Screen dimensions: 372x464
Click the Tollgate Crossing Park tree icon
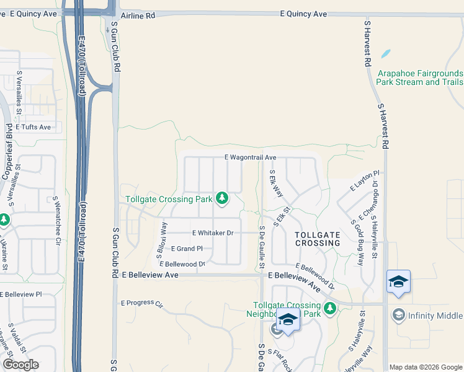click(x=222, y=198)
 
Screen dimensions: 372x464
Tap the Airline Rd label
click(x=138, y=15)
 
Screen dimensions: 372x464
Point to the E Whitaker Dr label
click(x=212, y=233)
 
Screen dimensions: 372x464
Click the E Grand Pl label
click(x=187, y=249)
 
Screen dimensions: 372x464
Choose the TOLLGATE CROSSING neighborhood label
click(x=318, y=239)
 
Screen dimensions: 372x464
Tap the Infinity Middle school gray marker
click(x=398, y=315)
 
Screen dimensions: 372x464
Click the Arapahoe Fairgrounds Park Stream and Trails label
click(x=420, y=77)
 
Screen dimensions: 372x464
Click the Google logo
click(x=20, y=364)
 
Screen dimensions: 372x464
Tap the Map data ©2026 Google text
click(x=426, y=367)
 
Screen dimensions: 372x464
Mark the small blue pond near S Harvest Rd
click(x=385, y=53)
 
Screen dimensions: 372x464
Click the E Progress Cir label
click(x=141, y=304)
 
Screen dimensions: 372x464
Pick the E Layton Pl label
click(x=365, y=180)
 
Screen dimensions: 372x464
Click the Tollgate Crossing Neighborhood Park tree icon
click(x=330, y=308)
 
